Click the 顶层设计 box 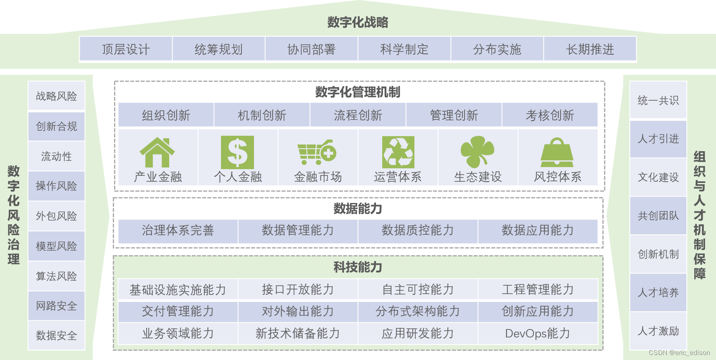[126, 49]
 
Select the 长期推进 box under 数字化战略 [590, 49]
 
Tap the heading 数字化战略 [358, 22]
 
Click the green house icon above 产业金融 [157, 152]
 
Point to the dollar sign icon [237, 152]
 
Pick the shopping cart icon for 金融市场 [317, 152]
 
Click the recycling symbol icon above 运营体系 [398, 152]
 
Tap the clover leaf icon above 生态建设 [477, 152]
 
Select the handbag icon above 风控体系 [557, 152]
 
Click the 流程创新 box [358, 115]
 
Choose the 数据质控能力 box [418, 230]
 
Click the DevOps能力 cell [538, 333]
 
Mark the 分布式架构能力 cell [418, 311]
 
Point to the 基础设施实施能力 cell [178, 289]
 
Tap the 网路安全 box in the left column [56, 306]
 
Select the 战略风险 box [56, 96]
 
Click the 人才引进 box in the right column [658, 139]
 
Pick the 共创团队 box [658, 215]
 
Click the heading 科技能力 [358, 267]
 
